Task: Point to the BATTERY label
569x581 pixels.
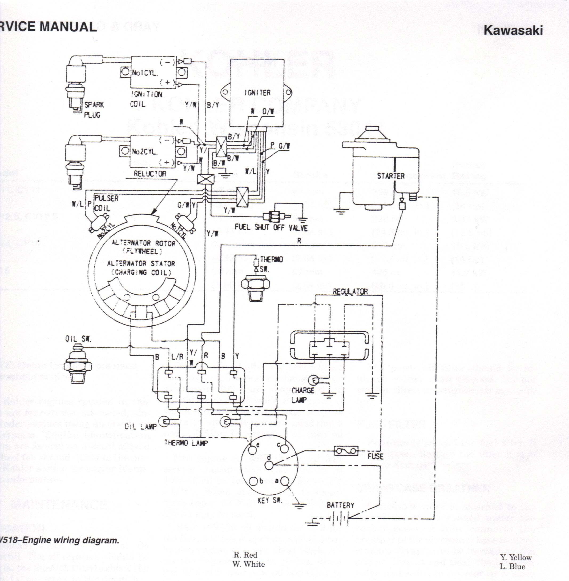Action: point(340,505)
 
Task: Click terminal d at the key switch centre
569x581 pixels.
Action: point(269,465)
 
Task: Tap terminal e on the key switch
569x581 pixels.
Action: point(253,448)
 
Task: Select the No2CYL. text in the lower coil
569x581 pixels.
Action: point(145,152)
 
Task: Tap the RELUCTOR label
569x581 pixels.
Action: point(150,174)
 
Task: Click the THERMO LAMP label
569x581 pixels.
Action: point(186,443)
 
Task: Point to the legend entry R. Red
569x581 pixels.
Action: point(245,555)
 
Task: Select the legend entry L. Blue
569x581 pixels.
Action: point(512,566)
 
